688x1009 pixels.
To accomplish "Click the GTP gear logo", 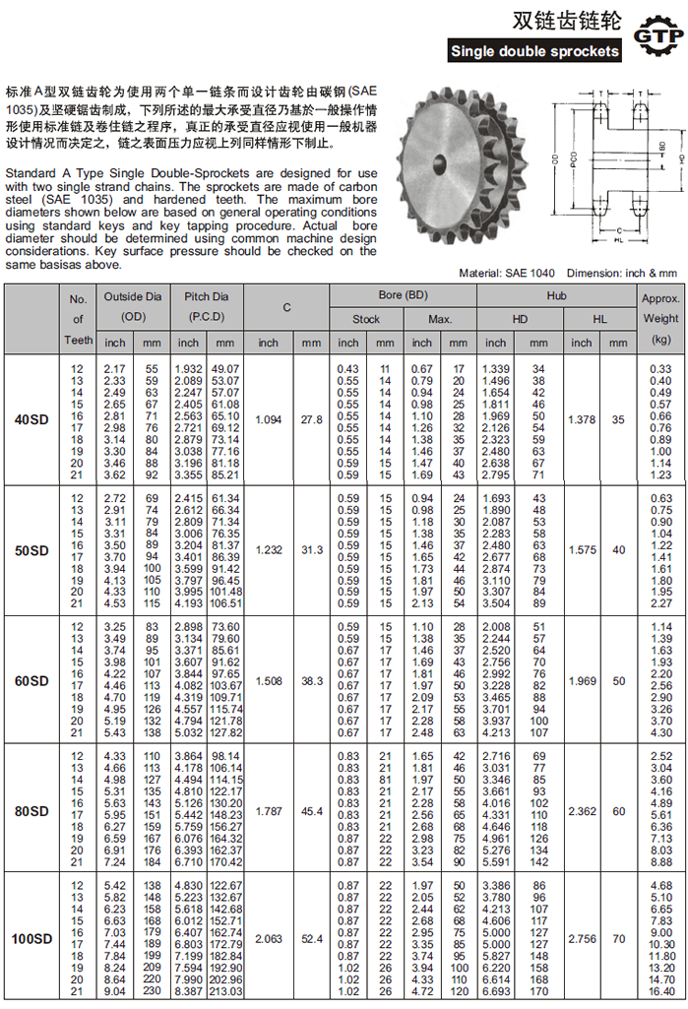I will pos(657,36).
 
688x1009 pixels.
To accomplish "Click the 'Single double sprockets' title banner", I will pos(534,51).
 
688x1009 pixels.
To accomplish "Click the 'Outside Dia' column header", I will pos(133,295).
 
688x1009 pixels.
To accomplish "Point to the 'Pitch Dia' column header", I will pos(206,295).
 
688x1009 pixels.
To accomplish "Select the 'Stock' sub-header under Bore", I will pos(366,319).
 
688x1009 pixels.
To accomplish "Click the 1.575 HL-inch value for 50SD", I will pos(583,550).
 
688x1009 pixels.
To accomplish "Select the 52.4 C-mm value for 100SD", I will pos(312,940).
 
